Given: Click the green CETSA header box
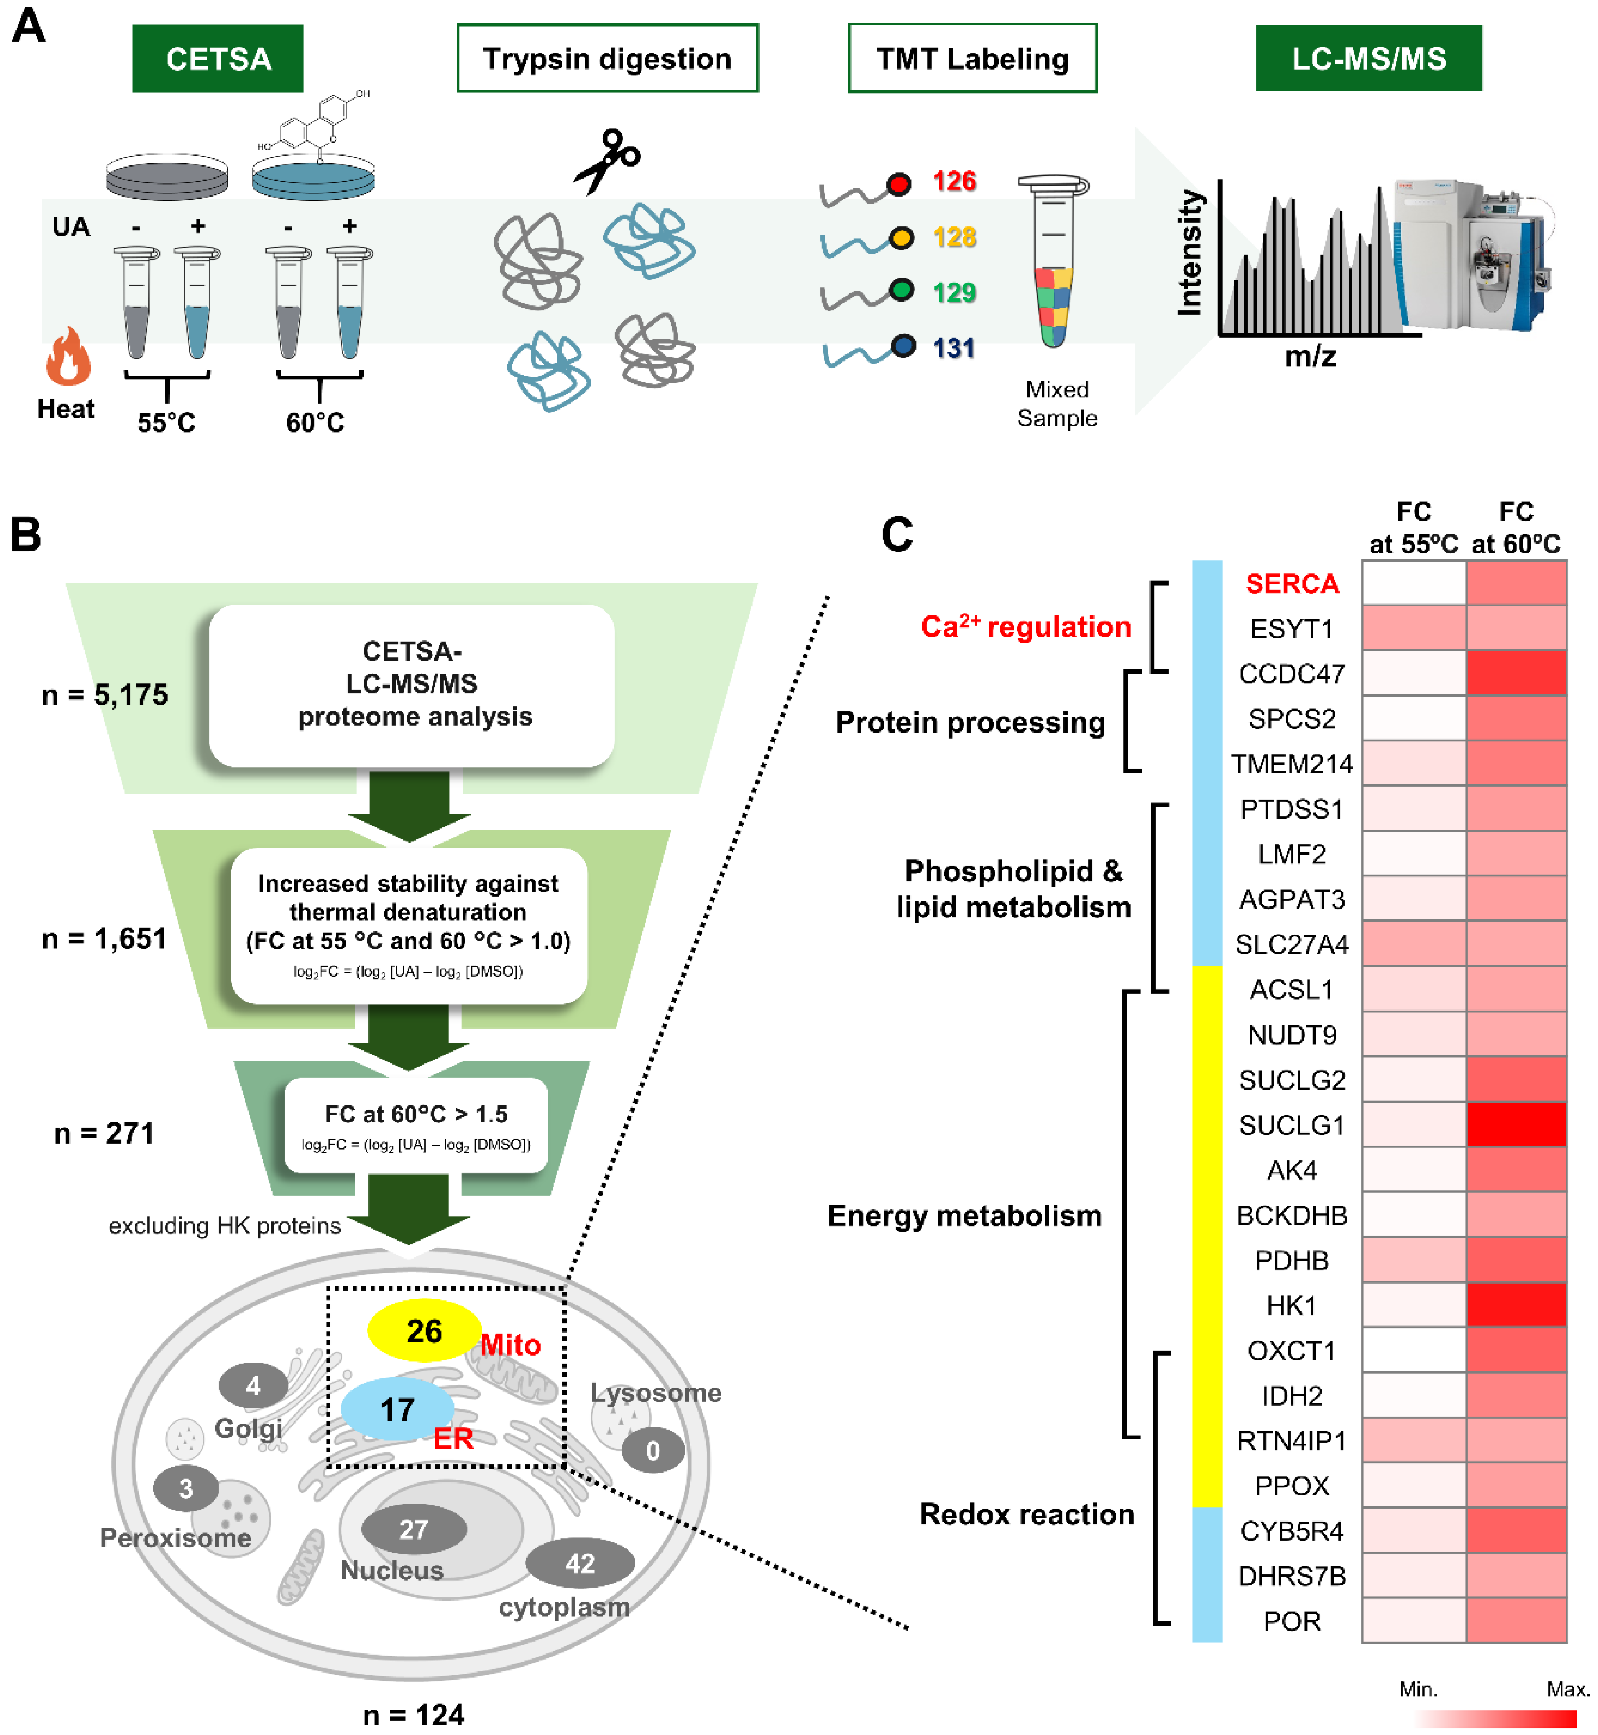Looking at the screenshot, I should point(218,59).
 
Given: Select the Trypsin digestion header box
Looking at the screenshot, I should point(607,59).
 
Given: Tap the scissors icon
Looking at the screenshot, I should point(608,160).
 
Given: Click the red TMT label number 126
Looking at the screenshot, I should point(954,182).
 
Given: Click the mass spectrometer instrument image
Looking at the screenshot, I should point(1470,255).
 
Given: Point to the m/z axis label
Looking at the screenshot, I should point(1310,356).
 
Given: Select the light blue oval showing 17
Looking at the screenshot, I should point(397,1410).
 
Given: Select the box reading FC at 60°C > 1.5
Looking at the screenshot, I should point(416,1124).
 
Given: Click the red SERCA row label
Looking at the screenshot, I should point(1292,584).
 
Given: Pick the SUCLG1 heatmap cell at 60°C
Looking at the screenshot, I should point(1516,1124).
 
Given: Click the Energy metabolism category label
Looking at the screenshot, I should point(964,1215).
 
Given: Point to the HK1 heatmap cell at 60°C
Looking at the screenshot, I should point(1516,1304).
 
